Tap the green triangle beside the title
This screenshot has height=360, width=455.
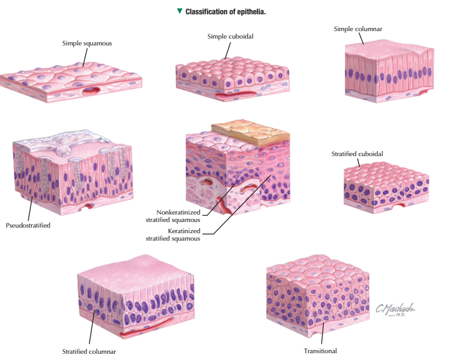(x=180, y=11)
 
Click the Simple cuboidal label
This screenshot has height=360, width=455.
(x=230, y=37)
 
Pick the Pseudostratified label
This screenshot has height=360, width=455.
(x=28, y=225)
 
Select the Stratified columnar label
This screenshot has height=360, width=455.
(x=89, y=351)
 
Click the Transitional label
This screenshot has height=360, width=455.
(x=320, y=351)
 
